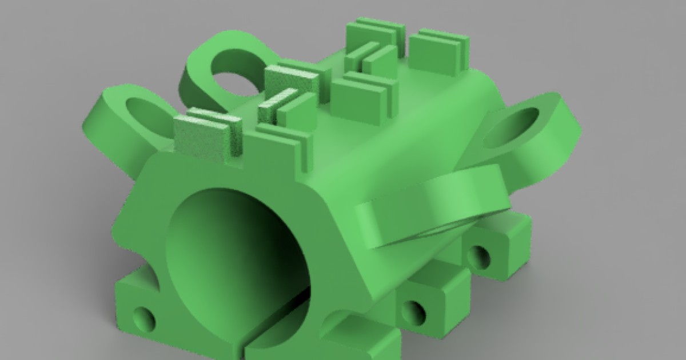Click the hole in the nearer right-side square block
[413, 311]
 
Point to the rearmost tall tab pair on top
[377, 34]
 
